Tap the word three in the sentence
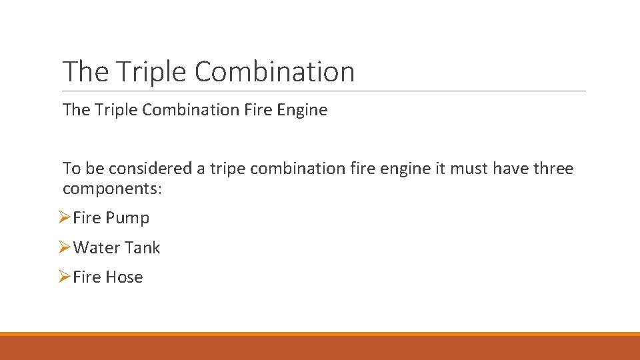[x=551, y=169]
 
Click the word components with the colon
[x=112, y=189]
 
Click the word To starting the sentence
[x=71, y=169]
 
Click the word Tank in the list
[x=143, y=248]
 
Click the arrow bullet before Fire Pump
[x=64, y=217]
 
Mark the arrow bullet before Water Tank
[x=64, y=247]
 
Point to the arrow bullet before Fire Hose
[x=64, y=277]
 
